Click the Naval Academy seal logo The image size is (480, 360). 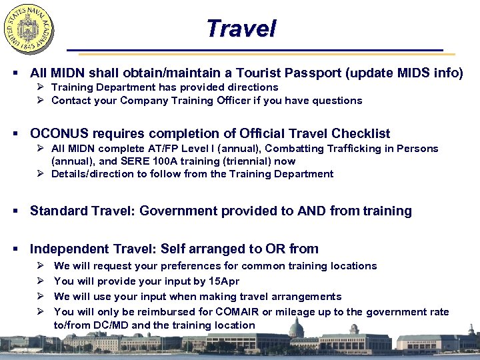point(29,29)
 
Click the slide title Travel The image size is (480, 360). point(241,29)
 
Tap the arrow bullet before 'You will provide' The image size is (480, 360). point(41,281)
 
